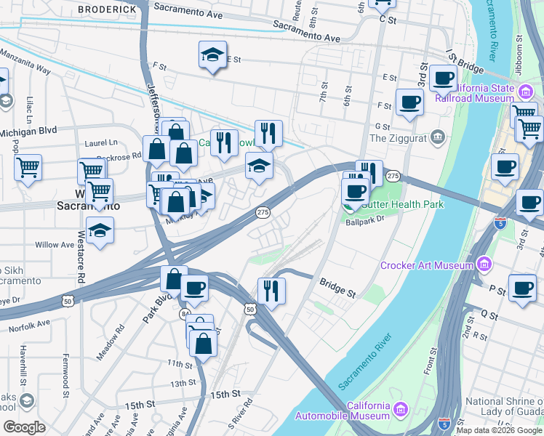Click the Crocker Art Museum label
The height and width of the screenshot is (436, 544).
(x=428, y=265)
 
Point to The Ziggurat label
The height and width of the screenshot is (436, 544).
(x=399, y=137)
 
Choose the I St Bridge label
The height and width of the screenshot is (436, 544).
(x=465, y=62)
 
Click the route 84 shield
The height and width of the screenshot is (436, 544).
(x=185, y=313)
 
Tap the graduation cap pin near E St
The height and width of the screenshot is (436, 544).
(x=212, y=55)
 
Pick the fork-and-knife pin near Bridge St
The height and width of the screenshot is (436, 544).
(x=271, y=291)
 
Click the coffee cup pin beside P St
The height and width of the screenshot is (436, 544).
(x=521, y=288)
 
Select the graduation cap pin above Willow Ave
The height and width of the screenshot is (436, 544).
(x=100, y=232)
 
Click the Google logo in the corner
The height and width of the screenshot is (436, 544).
(x=24, y=427)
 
